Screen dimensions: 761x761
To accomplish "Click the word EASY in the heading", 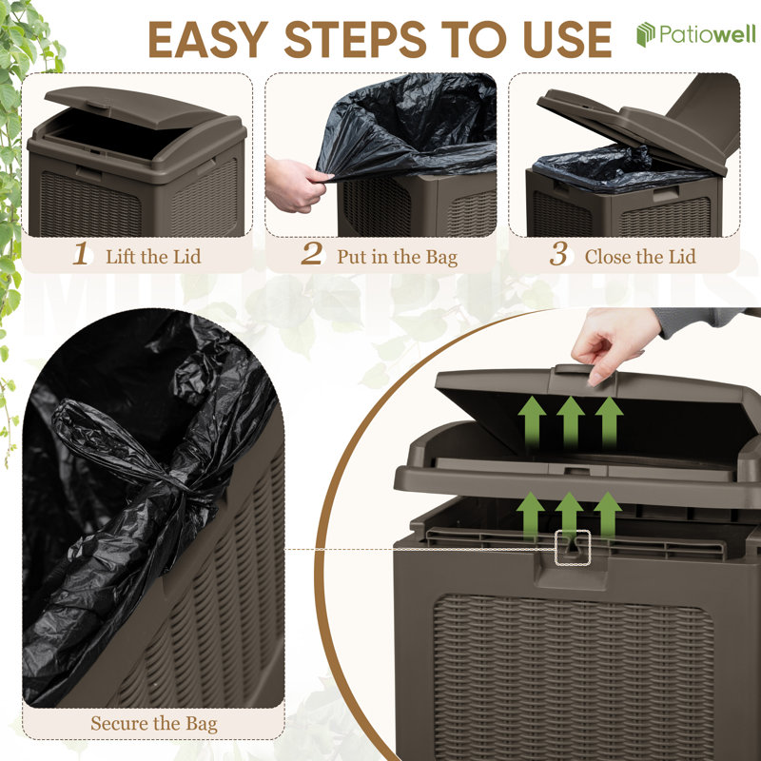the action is (x=208, y=40).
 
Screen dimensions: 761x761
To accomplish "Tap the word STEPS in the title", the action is (x=356, y=40).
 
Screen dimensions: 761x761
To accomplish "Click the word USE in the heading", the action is (x=567, y=40).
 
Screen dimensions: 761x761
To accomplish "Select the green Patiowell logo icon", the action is (x=646, y=34).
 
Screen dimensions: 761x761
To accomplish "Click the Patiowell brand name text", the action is (x=707, y=34).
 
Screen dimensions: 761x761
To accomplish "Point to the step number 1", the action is (x=81, y=253).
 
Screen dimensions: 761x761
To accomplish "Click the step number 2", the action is (x=312, y=253).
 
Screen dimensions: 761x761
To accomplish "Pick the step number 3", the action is (x=558, y=253).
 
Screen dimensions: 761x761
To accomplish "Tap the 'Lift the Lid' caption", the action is (x=153, y=256).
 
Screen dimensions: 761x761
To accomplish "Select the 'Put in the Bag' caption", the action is (x=398, y=257).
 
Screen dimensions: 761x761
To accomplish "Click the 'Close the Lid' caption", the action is (x=640, y=256).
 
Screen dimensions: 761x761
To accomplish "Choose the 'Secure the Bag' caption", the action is (x=154, y=724).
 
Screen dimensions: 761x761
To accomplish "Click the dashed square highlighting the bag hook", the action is (x=573, y=548).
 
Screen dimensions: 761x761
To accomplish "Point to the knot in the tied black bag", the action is (x=182, y=490).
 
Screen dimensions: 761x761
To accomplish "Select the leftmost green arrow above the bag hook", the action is (x=530, y=516).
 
